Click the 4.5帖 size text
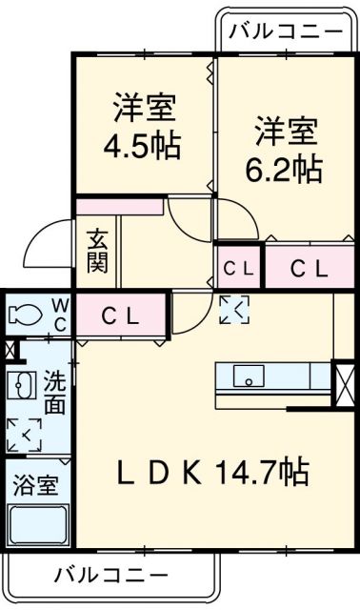point(143,149)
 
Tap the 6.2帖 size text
point(285,170)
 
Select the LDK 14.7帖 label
point(211,471)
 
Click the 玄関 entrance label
point(97,251)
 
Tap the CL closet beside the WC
point(121,313)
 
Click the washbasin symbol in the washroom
point(21,386)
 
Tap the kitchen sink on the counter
point(247,376)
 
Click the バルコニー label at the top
point(286,31)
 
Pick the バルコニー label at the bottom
point(106,574)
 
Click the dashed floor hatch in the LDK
point(231,308)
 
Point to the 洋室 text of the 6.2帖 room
point(285,130)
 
